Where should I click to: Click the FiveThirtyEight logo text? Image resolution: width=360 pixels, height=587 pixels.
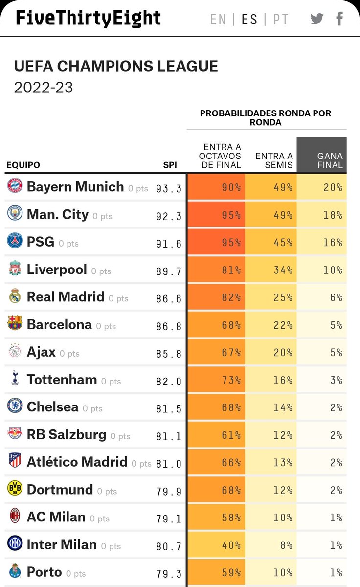tap(88, 18)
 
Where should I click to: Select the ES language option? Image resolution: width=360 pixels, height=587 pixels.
tap(249, 19)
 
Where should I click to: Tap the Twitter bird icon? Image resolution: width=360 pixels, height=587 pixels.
tap(317, 19)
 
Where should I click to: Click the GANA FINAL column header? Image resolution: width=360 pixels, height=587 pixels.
tap(330, 160)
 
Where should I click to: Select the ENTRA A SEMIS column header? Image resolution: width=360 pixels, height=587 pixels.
tap(274, 160)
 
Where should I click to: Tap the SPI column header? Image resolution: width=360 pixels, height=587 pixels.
tap(170, 165)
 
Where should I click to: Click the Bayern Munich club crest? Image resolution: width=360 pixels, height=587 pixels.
tap(15, 186)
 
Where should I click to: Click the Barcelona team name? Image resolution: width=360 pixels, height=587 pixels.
tap(59, 324)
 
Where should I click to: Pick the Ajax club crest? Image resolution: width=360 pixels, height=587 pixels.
tap(15, 351)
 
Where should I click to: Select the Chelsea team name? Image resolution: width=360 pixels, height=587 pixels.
tap(52, 407)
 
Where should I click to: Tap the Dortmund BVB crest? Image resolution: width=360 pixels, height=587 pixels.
tap(15, 489)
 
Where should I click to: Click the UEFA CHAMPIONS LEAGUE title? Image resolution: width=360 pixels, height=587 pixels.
tap(116, 67)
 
